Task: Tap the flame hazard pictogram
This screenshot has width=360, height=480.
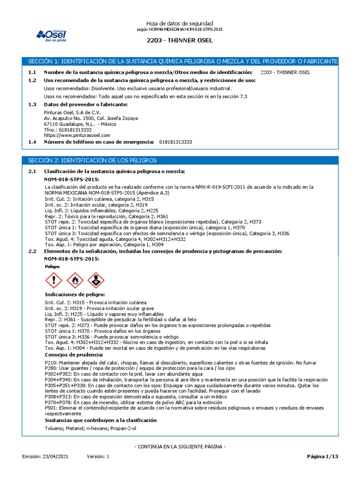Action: coord(75,280)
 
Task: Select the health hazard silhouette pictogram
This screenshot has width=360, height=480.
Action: coord(96,280)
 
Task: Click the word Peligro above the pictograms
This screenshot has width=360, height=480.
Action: coord(52,266)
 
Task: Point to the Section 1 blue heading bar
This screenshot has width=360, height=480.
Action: coord(180,61)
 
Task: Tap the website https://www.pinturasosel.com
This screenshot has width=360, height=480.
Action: coord(77,135)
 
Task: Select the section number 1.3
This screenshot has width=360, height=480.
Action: coord(32,104)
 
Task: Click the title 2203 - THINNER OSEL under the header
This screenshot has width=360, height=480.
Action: coord(180,40)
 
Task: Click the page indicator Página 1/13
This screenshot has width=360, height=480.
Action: coord(322,456)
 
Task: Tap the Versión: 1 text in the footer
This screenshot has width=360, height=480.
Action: coord(97,456)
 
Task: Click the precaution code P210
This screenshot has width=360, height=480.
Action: coord(51,363)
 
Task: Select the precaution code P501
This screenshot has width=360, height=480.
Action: coord(51,408)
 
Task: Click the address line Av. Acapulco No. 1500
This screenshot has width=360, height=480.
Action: coord(90,118)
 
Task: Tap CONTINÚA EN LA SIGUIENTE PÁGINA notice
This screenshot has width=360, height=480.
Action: coord(180,447)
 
